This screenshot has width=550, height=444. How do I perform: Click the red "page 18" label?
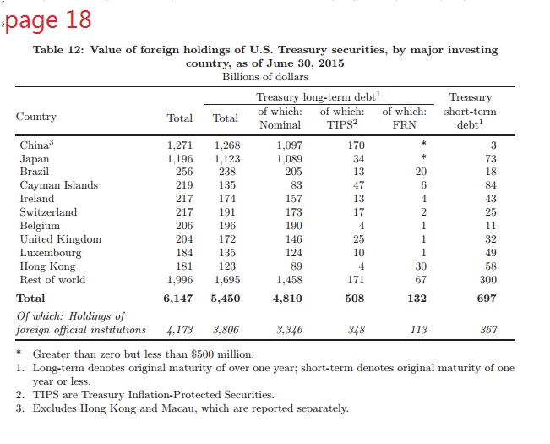point(48,19)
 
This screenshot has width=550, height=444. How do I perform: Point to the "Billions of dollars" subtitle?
point(264,77)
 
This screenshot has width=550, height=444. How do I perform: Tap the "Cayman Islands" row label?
point(58,185)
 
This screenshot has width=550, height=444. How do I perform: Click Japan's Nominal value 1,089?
point(289,158)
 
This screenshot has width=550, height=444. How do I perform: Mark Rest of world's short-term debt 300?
point(487,280)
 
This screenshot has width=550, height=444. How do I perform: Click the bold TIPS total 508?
point(355,299)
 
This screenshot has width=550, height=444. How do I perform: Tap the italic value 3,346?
point(289,330)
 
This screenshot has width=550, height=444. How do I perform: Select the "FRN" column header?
point(405,124)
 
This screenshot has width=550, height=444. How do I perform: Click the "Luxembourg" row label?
point(51,253)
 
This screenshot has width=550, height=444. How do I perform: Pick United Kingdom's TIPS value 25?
point(358,239)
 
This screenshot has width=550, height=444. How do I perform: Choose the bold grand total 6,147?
point(177,299)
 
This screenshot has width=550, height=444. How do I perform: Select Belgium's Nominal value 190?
point(291,226)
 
